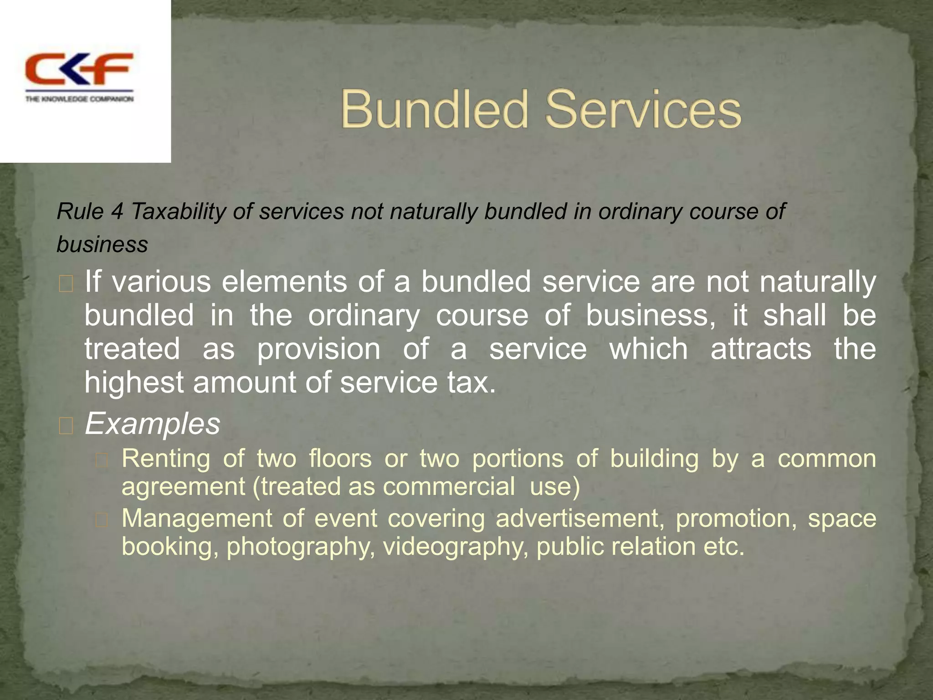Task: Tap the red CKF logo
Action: tap(79, 69)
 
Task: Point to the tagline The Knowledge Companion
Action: tap(79, 99)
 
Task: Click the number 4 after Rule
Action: tap(117, 211)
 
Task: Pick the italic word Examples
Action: tap(153, 424)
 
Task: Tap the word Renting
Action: tap(166, 458)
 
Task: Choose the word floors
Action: tap(340, 458)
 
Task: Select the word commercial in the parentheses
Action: tap(449, 486)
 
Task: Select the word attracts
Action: tap(761, 349)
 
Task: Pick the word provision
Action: tap(319, 349)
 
